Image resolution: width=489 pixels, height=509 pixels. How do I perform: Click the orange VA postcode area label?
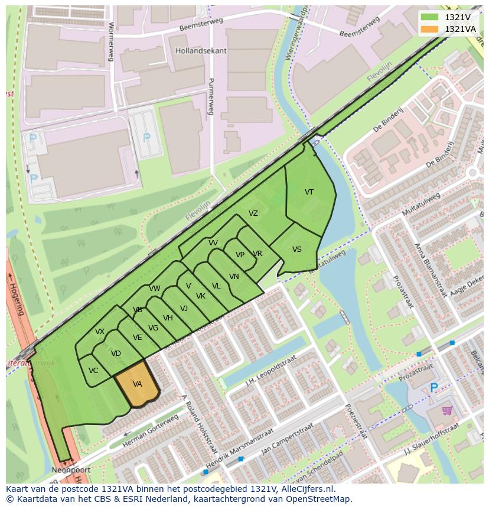click(x=137, y=384)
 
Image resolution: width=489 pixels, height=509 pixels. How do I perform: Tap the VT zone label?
click(x=309, y=192)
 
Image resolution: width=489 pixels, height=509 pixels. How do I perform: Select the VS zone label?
click(x=296, y=249)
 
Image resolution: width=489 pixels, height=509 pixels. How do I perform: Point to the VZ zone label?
click(x=253, y=214)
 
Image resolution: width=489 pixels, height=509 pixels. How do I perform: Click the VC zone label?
click(x=93, y=371)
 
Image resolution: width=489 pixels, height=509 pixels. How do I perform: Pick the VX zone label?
click(x=100, y=332)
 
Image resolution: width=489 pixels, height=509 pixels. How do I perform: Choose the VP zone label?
click(x=240, y=255)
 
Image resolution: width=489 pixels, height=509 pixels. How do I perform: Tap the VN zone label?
click(x=234, y=277)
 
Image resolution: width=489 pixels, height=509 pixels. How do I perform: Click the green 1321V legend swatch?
click(x=429, y=17)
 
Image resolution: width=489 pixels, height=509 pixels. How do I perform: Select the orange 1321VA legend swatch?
click(x=429, y=29)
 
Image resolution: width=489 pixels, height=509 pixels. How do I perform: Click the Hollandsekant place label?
click(x=201, y=51)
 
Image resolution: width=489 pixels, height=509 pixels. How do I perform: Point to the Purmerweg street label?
click(x=210, y=98)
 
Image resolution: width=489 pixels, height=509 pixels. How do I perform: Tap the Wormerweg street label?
click(x=110, y=41)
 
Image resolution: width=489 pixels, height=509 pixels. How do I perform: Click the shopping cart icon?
click(x=447, y=410)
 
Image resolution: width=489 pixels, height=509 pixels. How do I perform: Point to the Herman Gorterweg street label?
click(x=150, y=431)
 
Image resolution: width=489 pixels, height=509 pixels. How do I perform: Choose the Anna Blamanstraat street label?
click(x=426, y=270)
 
